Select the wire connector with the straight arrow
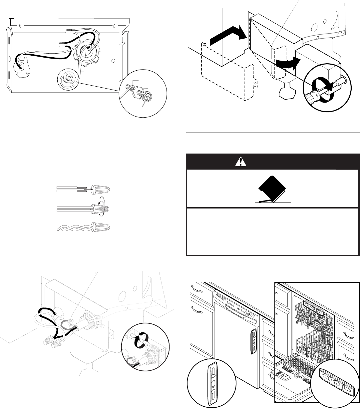click(102, 189)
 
